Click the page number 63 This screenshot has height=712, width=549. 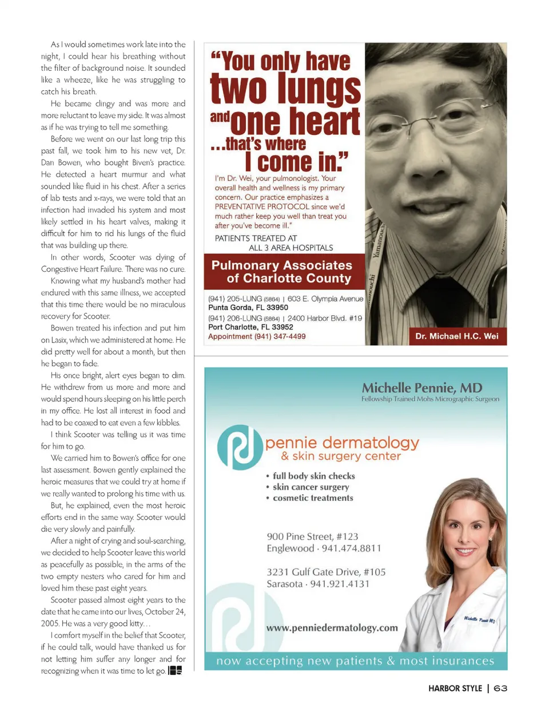click(x=500, y=688)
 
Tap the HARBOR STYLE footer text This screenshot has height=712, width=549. click(x=455, y=688)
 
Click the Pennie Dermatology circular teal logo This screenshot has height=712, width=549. click(x=240, y=448)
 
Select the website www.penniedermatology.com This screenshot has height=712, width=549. click(x=332, y=627)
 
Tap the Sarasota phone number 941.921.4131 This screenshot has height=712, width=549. click(x=340, y=584)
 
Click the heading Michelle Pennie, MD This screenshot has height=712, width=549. click(x=421, y=388)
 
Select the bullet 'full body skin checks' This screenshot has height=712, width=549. click(x=313, y=476)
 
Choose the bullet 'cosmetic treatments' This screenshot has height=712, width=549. click(x=313, y=498)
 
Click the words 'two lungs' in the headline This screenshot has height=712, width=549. click(x=285, y=90)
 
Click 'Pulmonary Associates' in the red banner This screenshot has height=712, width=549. click(x=281, y=265)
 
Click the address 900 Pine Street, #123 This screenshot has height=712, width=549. click(x=312, y=536)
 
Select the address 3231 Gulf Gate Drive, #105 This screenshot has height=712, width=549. click(x=326, y=572)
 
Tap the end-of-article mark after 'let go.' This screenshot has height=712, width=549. click(x=175, y=670)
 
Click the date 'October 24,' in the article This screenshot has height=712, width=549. click(x=162, y=612)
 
